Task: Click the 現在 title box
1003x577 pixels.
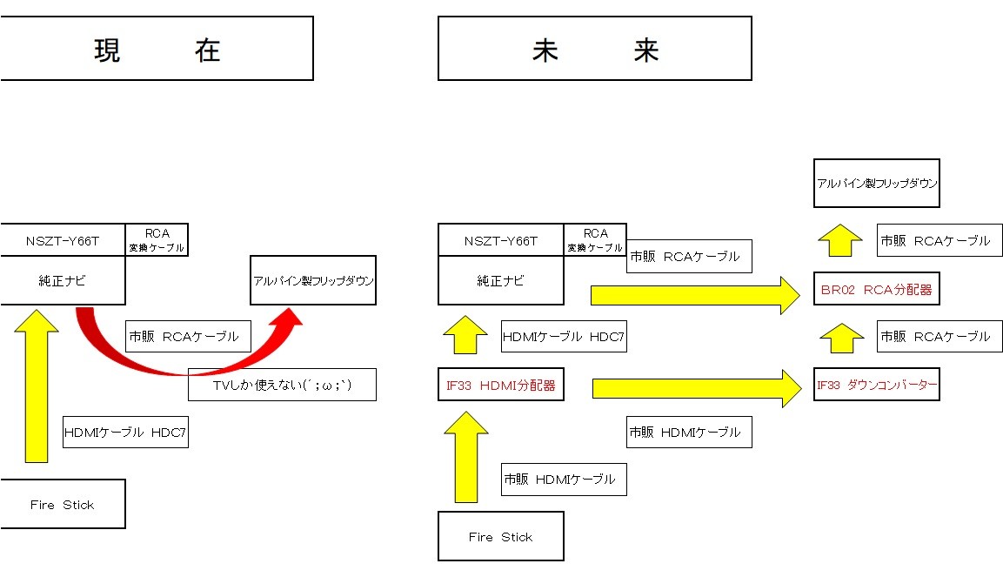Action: pyautogui.click(x=157, y=50)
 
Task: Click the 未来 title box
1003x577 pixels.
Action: pyautogui.click(x=594, y=50)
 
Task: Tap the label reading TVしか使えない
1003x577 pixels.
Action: pyautogui.click(x=282, y=384)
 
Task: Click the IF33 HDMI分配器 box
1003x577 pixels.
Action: pyautogui.click(x=500, y=385)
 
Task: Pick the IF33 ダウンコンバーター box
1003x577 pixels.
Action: pyautogui.click(x=876, y=384)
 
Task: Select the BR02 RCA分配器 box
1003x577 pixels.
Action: pyautogui.click(x=876, y=290)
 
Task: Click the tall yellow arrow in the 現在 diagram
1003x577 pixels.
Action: pyautogui.click(x=37, y=383)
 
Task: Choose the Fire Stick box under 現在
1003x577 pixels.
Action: pyautogui.click(x=62, y=504)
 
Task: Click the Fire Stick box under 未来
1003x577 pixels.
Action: pyautogui.click(x=500, y=536)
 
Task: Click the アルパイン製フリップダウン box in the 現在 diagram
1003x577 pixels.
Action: pyautogui.click(x=312, y=280)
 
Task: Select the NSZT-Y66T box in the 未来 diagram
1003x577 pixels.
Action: pyautogui.click(x=500, y=241)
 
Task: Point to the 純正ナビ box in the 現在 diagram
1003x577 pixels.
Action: pyautogui.click(x=62, y=281)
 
